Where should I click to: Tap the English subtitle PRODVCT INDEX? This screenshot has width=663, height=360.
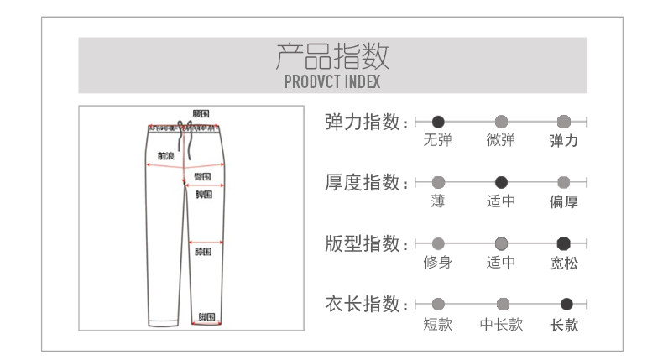(x=331, y=82)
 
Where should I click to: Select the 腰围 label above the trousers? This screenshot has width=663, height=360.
(x=201, y=113)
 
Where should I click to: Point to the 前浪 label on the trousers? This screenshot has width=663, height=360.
(x=164, y=155)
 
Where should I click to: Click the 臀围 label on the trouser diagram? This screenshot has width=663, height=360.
(x=202, y=176)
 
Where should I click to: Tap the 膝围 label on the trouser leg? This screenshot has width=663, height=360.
(x=202, y=251)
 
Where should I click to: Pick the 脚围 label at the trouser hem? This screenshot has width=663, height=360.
(x=206, y=317)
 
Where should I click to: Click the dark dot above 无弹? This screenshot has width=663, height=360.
(x=438, y=122)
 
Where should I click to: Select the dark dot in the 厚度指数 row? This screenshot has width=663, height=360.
(x=501, y=182)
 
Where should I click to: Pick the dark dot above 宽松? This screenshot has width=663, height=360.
(x=564, y=243)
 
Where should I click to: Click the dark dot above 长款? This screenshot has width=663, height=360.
(x=566, y=304)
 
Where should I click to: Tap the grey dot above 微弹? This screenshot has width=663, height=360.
(x=501, y=122)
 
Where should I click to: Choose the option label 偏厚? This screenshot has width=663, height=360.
(x=563, y=201)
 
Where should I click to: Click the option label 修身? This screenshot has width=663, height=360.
(x=438, y=263)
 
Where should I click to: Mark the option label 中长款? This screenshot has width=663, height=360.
(x=501, y=324)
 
